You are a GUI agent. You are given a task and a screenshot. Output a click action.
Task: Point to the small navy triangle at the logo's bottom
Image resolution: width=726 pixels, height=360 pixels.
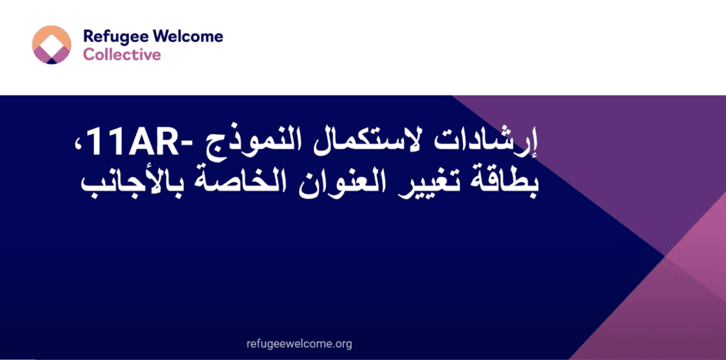click(x=52, y=60)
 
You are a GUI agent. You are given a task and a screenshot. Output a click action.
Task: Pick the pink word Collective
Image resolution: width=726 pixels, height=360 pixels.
click(x=122, y=55)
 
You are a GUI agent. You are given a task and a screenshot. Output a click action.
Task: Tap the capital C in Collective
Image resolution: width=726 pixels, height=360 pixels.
click(x=89, y=55)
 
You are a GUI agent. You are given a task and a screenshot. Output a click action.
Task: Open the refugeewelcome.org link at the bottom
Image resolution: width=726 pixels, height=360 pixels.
click(x=300, y=344)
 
